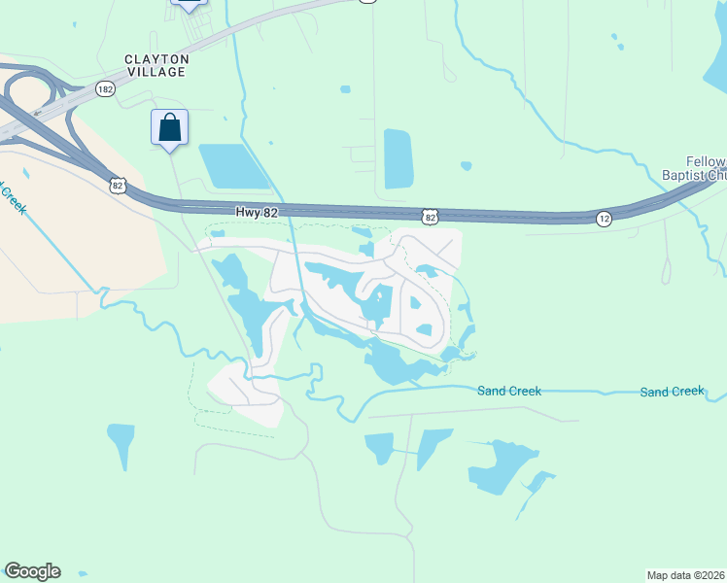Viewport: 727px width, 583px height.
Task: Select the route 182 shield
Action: (x=106, y=88)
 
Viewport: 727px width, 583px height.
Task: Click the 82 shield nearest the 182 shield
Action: (x=119, y=185)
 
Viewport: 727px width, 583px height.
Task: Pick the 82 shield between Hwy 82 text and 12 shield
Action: (x=429, y=215)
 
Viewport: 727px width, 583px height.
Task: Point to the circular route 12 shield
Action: (x=605, y=219)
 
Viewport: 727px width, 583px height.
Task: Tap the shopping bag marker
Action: (x=170, y=128)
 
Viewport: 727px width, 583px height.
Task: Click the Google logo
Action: (x=32, y=571)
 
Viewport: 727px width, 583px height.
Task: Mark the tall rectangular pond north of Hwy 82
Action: (x=398, y=158)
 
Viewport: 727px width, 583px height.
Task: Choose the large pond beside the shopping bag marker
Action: (x=233, y=166)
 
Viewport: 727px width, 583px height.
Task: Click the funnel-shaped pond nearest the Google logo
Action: (x=121, y=443)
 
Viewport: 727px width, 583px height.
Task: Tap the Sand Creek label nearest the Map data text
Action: (x=672, y=392)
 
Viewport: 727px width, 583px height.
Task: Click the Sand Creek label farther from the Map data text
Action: (x=509, y=391)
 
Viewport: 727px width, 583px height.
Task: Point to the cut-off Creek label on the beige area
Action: (x=13, y=196)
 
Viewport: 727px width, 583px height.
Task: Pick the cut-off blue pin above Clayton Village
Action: (x=189, y=3)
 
